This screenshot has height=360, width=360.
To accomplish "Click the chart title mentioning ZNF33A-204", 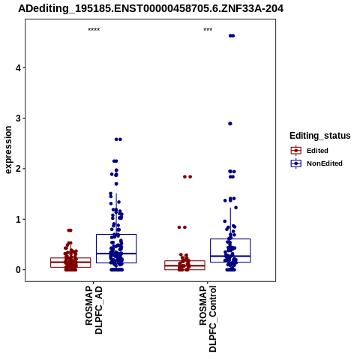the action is [151, 9].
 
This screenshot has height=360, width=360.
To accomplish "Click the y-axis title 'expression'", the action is [8, 150].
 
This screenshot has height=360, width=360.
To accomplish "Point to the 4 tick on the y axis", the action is [18, 67].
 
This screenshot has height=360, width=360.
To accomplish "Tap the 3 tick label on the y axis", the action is [18, 118].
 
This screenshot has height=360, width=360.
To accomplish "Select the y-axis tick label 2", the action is [18, 169].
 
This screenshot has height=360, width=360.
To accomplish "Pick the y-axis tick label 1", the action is [18, 220].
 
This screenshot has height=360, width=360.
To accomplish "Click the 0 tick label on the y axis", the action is [18, 270].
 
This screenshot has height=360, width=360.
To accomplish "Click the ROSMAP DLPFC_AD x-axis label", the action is [94, 310].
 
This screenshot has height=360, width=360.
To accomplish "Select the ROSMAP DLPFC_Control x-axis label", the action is [208, 319].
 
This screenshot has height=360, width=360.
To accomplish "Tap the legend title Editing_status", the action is [320, 136].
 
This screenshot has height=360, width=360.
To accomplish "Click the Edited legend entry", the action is [317, 151].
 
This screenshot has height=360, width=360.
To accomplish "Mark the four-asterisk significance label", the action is [94, 30].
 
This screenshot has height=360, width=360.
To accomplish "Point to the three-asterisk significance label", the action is [208, 30].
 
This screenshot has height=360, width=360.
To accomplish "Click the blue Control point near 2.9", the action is [230, 124].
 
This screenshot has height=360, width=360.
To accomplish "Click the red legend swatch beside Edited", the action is [296, 151].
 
